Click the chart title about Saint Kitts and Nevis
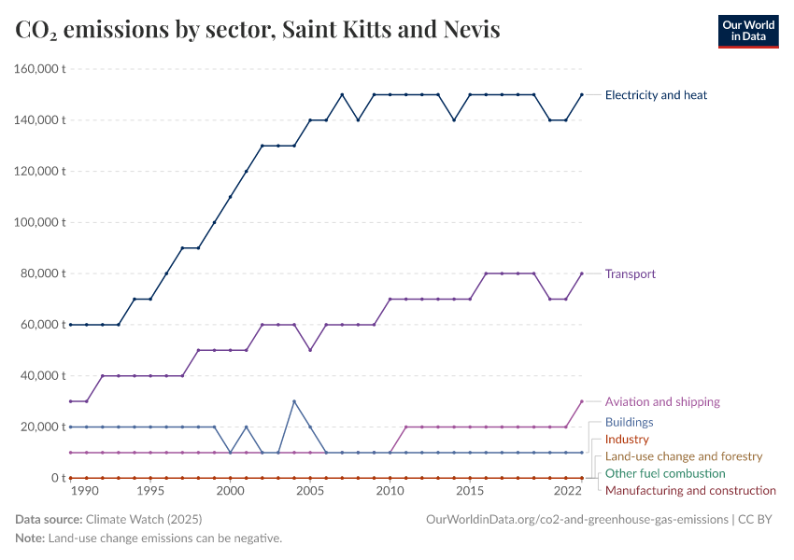258,30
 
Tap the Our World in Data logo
747,31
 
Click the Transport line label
630,273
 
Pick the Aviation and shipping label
662,401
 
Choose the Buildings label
629,422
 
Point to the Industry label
626,439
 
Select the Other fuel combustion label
665,473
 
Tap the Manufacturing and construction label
690,490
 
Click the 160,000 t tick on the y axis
39,69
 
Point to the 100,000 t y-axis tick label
39,222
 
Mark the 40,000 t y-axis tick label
43,375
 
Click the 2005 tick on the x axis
310,491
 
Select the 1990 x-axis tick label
84,491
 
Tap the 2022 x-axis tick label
566,491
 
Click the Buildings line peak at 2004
294,401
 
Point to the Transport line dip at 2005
310,350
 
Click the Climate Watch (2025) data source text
143,519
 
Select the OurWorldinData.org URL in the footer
576,519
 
